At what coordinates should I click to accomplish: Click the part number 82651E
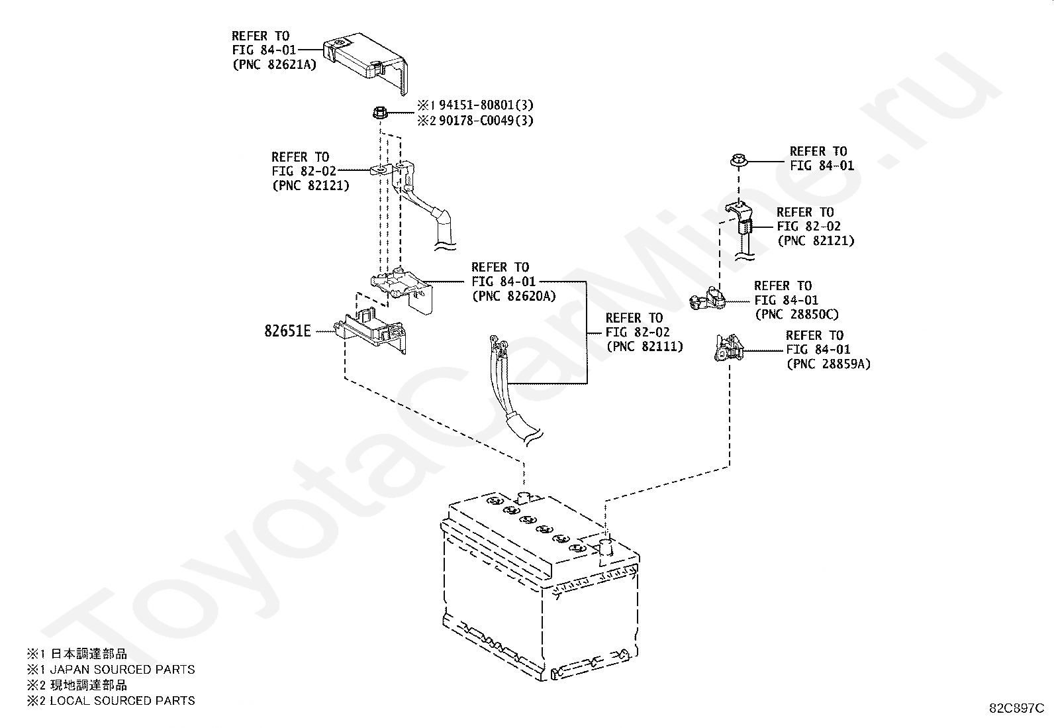[287, 331]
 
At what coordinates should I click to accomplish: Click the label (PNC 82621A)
[275, 64]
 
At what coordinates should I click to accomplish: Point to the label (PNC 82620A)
[514, 295]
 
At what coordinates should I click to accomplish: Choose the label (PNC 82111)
[645, 346]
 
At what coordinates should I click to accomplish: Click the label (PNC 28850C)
[797, 314]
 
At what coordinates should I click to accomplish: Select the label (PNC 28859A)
[829, 364]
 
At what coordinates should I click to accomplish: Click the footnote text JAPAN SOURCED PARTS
[122, 670]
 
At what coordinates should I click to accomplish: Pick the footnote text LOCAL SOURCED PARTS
[122, 701]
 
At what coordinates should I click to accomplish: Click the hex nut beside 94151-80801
[380, 113]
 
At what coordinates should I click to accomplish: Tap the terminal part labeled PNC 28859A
[728, 348]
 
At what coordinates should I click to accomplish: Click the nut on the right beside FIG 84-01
[740, 160]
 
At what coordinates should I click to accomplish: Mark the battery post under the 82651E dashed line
[524, 497]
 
